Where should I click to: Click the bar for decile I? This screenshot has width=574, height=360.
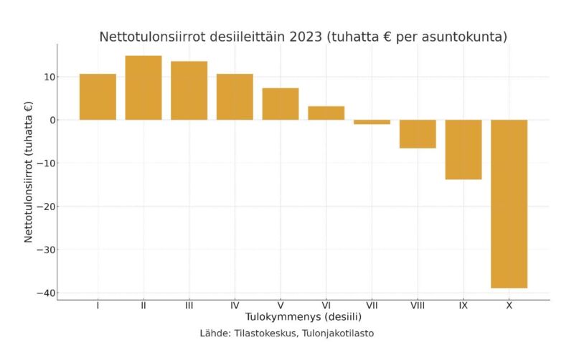point(98,97)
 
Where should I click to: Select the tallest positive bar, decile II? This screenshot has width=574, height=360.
point(143,87)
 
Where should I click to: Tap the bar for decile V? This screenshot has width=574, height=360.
point(281,104)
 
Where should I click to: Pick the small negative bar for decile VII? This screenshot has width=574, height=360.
point(372,122)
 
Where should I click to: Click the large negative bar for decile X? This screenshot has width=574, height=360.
point(509,204)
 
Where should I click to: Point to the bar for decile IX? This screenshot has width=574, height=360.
point(464,150)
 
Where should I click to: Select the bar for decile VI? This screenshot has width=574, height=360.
point(326,113)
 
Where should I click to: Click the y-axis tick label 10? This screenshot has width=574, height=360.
point(50,77)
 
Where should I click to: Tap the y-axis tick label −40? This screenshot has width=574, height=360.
point(46,293)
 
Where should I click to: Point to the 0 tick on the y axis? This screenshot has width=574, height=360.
point(52,120)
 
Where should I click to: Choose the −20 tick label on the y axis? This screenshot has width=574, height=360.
point(46,207)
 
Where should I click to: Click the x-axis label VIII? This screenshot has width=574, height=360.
point(418,305)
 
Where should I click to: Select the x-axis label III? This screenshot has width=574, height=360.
point(189,305)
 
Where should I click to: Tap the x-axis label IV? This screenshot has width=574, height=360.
point(235,305)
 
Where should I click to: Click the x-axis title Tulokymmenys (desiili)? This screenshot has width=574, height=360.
point(304,317)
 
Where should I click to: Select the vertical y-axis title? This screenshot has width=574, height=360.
point(29,172)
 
